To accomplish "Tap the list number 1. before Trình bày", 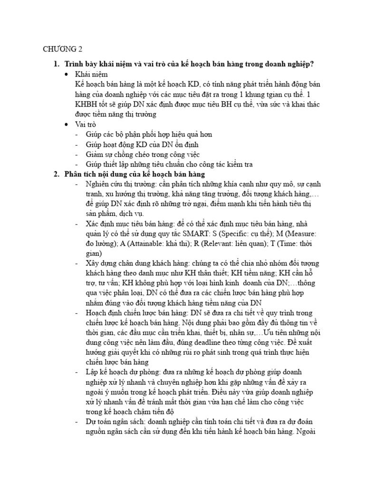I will click(x=56, y=64).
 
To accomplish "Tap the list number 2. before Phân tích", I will click(x=56, y=175).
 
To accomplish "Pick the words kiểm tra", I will click(x=239, y=165).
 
